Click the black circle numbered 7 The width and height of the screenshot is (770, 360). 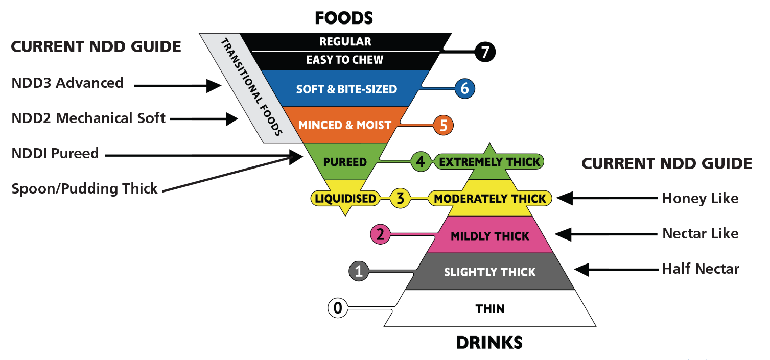click(485, 52)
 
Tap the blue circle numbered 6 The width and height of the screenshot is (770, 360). click(464, 88)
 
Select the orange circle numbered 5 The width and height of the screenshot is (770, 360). click(443, 125)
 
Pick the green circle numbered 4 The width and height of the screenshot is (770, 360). click(420, 162)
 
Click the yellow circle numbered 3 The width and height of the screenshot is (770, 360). click(401, 199)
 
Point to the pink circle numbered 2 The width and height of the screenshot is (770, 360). click(380, 235)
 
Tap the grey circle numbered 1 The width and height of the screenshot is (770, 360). click(359, 271)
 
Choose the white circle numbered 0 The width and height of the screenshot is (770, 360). click(338, 308)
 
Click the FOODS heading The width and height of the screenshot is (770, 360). click(344, 18)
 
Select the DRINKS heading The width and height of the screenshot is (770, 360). click(489, 342)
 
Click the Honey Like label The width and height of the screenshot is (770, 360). click(700, 198)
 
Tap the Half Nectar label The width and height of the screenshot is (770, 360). click(701, 269)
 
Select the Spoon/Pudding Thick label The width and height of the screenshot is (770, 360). click(84, 189)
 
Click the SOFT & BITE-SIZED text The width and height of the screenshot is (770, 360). click(346, 89)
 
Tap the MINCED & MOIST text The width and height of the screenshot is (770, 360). click(345, 125)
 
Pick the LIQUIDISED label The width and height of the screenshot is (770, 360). click(345, 198)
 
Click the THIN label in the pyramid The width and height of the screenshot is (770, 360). click(489, 308)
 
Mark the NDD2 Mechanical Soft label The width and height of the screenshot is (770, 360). click(88, 118)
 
